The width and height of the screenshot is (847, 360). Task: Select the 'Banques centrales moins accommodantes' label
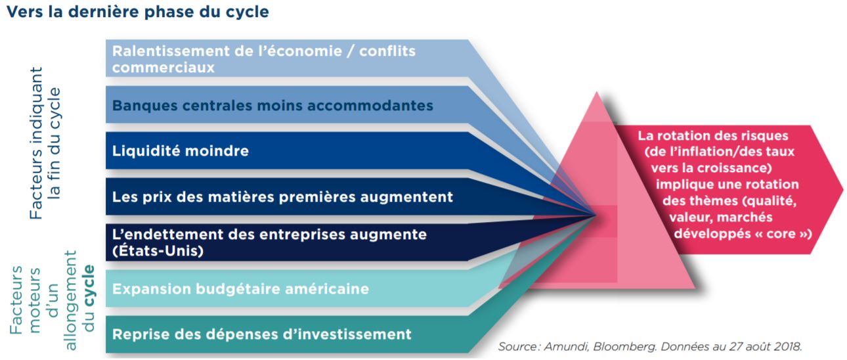coord(272,106)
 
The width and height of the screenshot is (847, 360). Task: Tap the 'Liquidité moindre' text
coord(181,151)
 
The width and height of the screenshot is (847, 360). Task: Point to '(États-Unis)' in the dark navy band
coord(158,251)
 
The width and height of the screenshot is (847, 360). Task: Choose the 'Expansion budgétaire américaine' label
coord(240,289)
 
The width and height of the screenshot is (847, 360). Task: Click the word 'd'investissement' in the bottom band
coord(347,334)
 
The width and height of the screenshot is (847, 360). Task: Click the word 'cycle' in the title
coord(247,12)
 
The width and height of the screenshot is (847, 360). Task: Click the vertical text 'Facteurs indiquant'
coord(36,143)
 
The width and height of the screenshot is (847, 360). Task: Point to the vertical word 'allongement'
coord(70,300)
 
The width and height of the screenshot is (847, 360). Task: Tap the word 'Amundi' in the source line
coord(566,347)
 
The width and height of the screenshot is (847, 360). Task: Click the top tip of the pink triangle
coord(597,92)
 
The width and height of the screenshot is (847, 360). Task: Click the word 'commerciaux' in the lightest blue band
coord(163,68)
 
